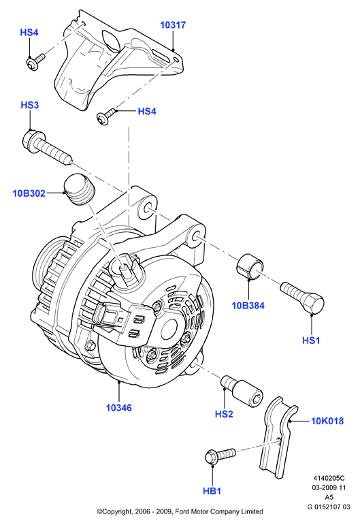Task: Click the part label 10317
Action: (x=173, y=25)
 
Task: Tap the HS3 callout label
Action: (x=30, y=105)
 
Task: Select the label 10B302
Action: (x=29, y=193)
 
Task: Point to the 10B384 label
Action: (x=248, y=305)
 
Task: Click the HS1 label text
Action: (x=311, y=340)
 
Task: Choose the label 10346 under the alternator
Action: (x=119, y=408)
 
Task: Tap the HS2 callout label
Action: (x=224, y=414)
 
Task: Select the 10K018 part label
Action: (x=327, y=421)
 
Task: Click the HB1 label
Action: (x=212, y=491)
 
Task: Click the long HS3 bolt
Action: (x=47, y=147)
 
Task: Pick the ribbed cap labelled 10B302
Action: (x=80, y=189)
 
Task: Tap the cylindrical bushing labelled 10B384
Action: (x=250, y=266)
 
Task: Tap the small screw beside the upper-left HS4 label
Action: (x=35, y=61)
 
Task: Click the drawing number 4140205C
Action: (x=329, y=478)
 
